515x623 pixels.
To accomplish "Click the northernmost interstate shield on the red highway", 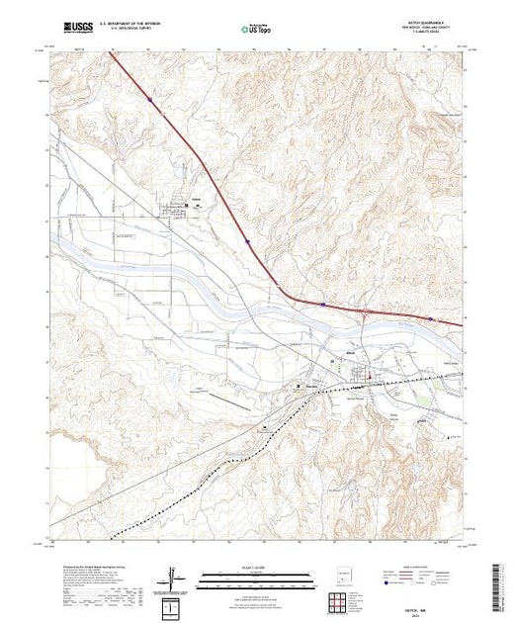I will (149, 99).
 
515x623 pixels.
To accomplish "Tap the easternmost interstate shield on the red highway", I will (432, 318).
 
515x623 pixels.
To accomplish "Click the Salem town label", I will (196, 198).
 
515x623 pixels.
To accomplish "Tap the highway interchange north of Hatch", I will (366, 314).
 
